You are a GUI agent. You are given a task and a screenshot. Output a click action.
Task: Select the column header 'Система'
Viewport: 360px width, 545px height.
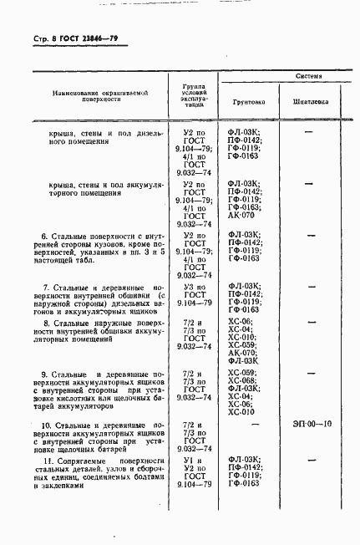304,75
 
